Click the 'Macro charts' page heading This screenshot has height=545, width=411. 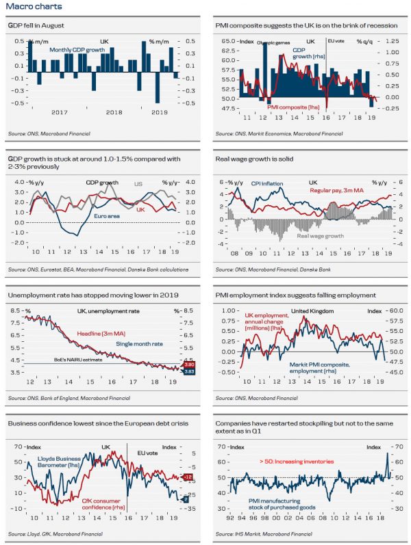(27, 7)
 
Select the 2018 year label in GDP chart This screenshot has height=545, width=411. (114, 112)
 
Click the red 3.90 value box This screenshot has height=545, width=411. (191, 365)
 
